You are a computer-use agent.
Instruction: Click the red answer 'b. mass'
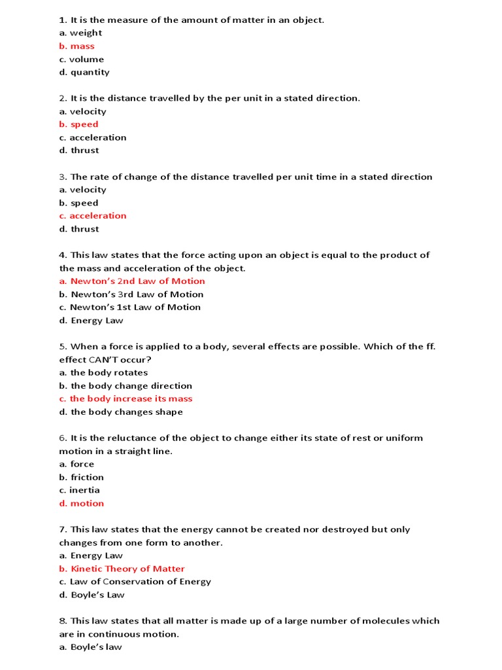(76, 46)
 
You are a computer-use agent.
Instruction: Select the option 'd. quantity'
(84, 72)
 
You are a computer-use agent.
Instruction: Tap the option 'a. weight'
(80, 33)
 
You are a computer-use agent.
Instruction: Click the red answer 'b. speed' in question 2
(78, 124)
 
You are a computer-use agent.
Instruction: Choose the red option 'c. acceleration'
(93, 216)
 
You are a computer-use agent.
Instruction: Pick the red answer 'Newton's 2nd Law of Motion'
(132, 281)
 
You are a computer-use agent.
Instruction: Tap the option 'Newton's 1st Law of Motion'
(130, 307)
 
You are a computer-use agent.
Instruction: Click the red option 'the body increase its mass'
(125, 398)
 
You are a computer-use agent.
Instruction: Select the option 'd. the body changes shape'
(121, 412)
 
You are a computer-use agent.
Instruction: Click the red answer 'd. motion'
(82, 503)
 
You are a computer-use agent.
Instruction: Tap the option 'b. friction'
(81, 477)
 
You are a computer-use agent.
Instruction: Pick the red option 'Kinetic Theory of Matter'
(122, 569)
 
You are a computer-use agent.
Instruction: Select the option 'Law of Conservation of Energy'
(135, 582)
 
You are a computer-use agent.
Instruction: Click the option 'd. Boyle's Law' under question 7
(92, 595)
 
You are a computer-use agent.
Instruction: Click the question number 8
(62, 621)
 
